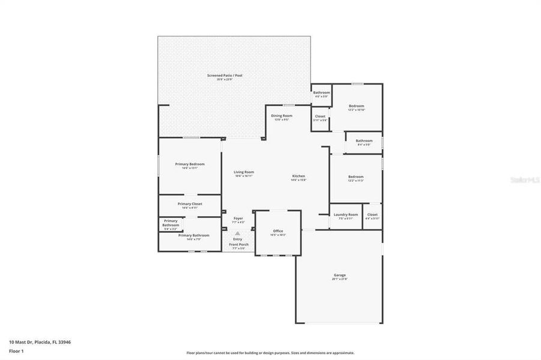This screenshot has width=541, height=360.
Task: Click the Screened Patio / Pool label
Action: (225, 76)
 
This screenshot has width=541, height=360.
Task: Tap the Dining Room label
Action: (282, 116)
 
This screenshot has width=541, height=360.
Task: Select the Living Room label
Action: (244, 172)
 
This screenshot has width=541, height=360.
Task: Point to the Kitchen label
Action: (298, 176)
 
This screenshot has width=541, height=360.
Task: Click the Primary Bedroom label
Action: (190, 164)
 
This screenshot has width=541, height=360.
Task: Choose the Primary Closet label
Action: (190, 204)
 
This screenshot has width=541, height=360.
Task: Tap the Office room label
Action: (278, 231)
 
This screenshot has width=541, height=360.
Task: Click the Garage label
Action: (340, 276)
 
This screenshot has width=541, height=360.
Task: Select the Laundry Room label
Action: (346, 215)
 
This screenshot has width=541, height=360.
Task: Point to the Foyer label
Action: (238, 218)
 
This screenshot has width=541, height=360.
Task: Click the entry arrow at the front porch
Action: (238, 233)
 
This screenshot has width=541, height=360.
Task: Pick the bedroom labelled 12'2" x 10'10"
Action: (357, 106)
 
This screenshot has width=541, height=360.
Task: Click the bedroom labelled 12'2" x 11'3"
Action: (356, 176)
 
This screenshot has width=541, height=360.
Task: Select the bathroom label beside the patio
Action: (321, 92)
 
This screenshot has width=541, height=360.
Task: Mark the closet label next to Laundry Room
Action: (372, 215)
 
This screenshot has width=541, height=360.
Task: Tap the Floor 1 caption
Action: (16, 350)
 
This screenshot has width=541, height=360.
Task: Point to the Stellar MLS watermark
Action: (524, 179)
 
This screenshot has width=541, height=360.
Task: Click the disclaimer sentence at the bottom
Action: (270, 353)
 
